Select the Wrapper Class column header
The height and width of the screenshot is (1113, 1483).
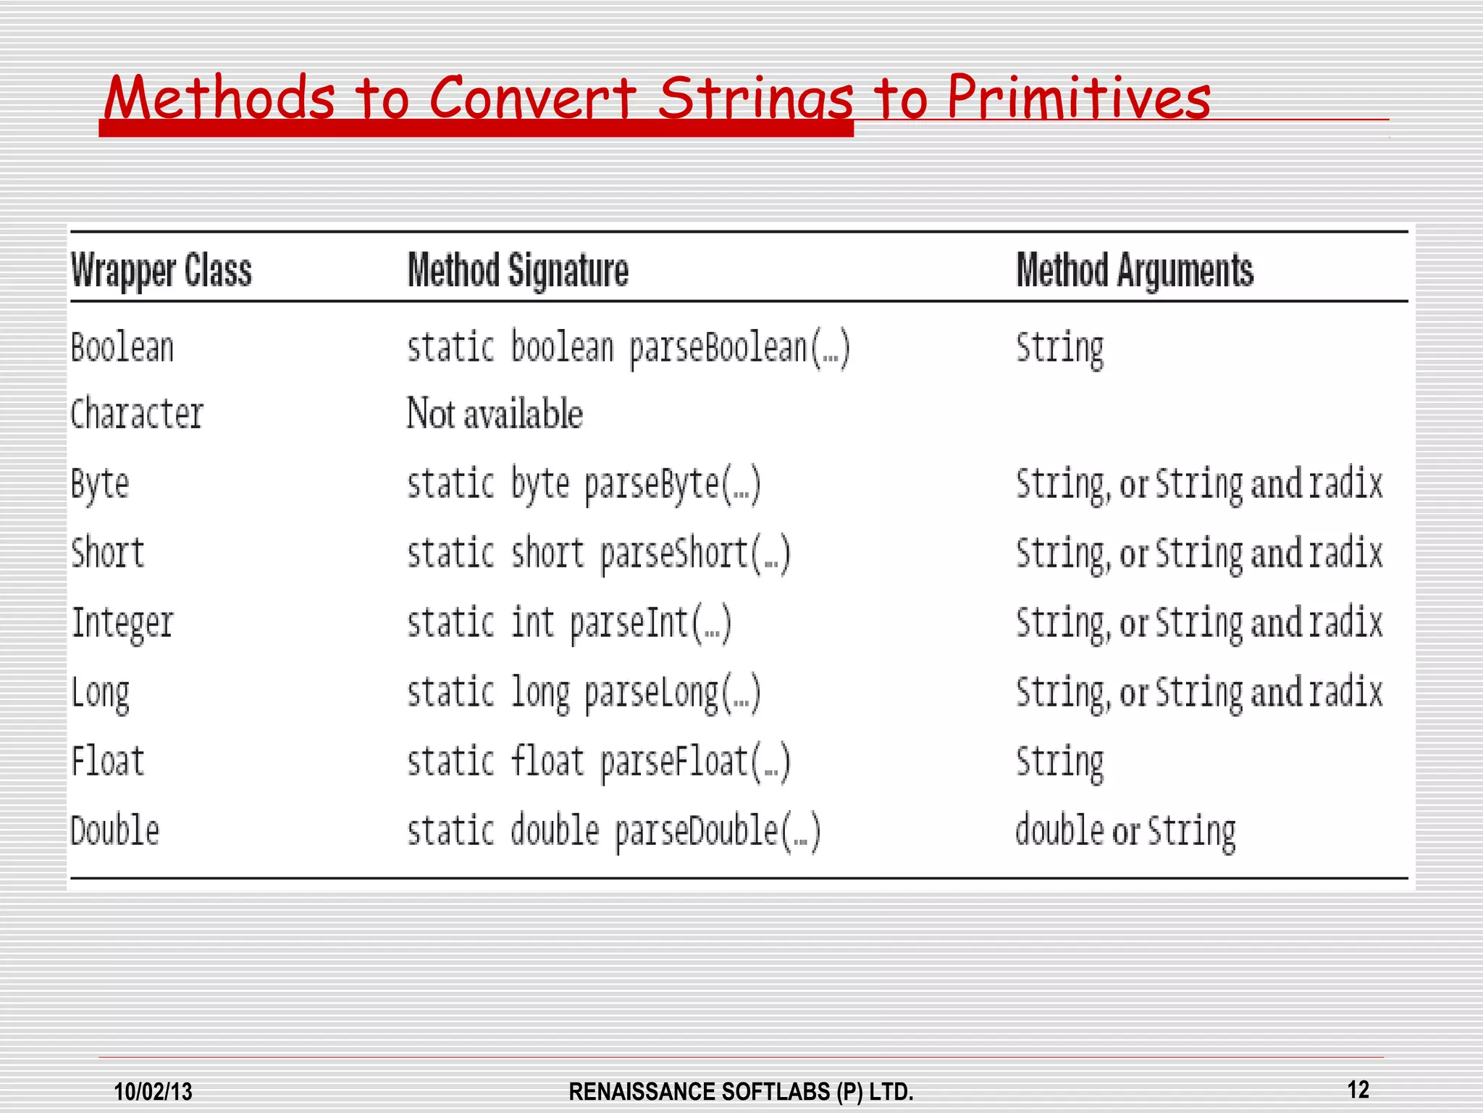tap(161, 271)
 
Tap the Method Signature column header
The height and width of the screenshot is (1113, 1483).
tap(518, 271)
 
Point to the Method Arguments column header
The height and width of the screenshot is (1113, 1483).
tap(1135, 271)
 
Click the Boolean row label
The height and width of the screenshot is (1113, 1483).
tap(122, 347)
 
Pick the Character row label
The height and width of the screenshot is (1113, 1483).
tap(137, 414)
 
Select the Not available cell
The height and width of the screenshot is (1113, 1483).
tap(495, 414)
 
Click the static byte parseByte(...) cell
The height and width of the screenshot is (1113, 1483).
tap(584, 484)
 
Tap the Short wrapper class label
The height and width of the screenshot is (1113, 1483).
tap(108, 553)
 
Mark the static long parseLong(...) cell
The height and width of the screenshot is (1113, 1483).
tap(584, 692)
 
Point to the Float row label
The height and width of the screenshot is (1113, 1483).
tap(108, 762)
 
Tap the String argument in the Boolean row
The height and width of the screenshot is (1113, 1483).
tap(1060, 348)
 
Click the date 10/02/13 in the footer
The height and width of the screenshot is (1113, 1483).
tap(154, 1091)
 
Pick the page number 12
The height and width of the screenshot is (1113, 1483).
tap(1358, 1089)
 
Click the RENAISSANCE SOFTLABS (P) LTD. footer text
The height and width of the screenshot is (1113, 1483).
tap(741, 1091)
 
